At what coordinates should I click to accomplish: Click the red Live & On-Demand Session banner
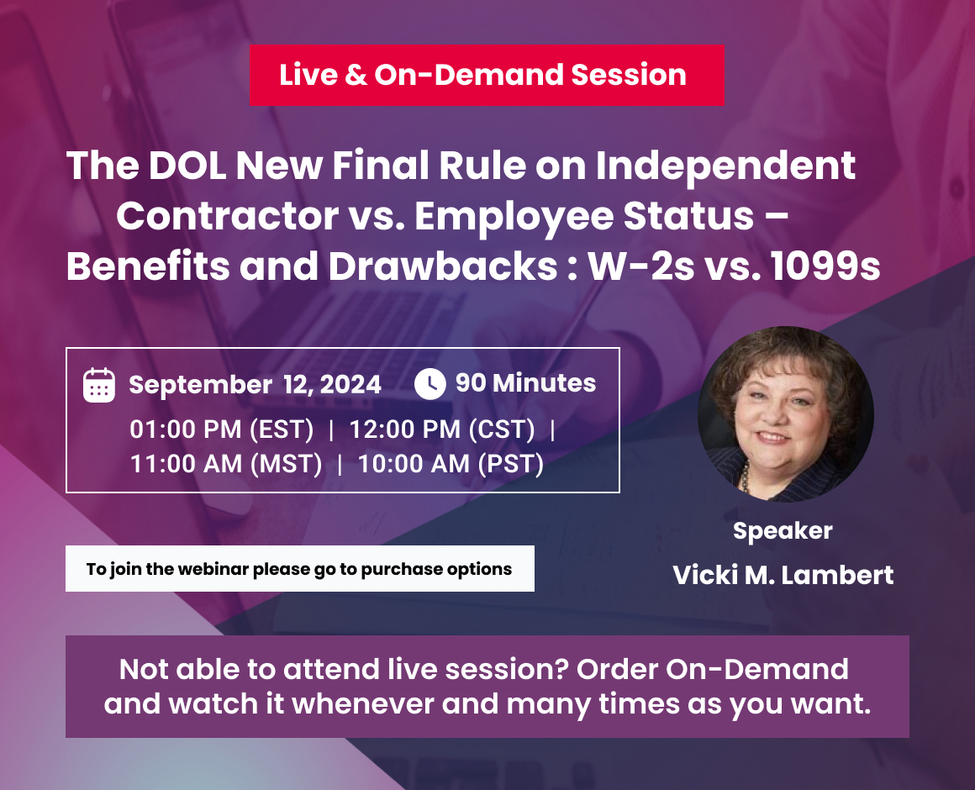487,75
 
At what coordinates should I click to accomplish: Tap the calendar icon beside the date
99,385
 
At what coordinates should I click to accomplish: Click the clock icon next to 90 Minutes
430,384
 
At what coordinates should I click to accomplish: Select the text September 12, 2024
255,385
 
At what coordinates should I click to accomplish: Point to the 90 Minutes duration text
525,383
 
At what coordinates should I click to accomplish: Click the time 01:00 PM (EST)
222,429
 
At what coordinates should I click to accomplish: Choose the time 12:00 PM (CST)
442,429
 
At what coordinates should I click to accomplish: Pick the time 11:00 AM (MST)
226,463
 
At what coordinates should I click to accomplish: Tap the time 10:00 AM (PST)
451,463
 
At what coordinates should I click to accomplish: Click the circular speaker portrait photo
786,414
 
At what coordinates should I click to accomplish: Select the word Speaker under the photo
783,531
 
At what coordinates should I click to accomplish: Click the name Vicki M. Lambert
783,576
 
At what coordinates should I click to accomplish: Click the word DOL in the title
185,166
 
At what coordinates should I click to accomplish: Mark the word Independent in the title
725,166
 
